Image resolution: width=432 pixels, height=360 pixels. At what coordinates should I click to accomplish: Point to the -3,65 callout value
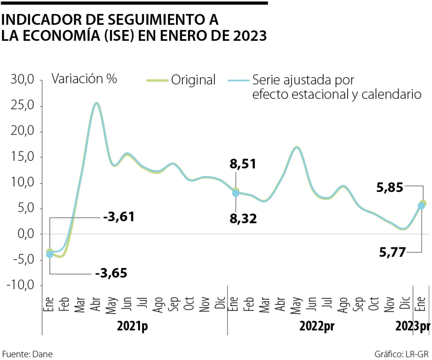point(111,273)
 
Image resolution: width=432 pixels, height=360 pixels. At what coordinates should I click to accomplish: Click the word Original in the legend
point(193,80)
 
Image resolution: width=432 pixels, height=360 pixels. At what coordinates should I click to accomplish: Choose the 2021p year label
point(133,326)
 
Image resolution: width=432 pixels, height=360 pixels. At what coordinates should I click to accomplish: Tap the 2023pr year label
point(413,326)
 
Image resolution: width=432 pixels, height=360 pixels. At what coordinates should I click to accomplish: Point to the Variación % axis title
point(84,79)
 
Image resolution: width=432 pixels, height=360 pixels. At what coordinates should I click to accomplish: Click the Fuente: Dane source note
point(27,354)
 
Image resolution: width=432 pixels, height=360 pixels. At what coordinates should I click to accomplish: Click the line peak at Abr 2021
point(97,103)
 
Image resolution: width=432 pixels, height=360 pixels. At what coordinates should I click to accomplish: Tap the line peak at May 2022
point(297,147)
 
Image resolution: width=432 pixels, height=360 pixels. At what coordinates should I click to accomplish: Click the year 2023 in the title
point(251,36)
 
